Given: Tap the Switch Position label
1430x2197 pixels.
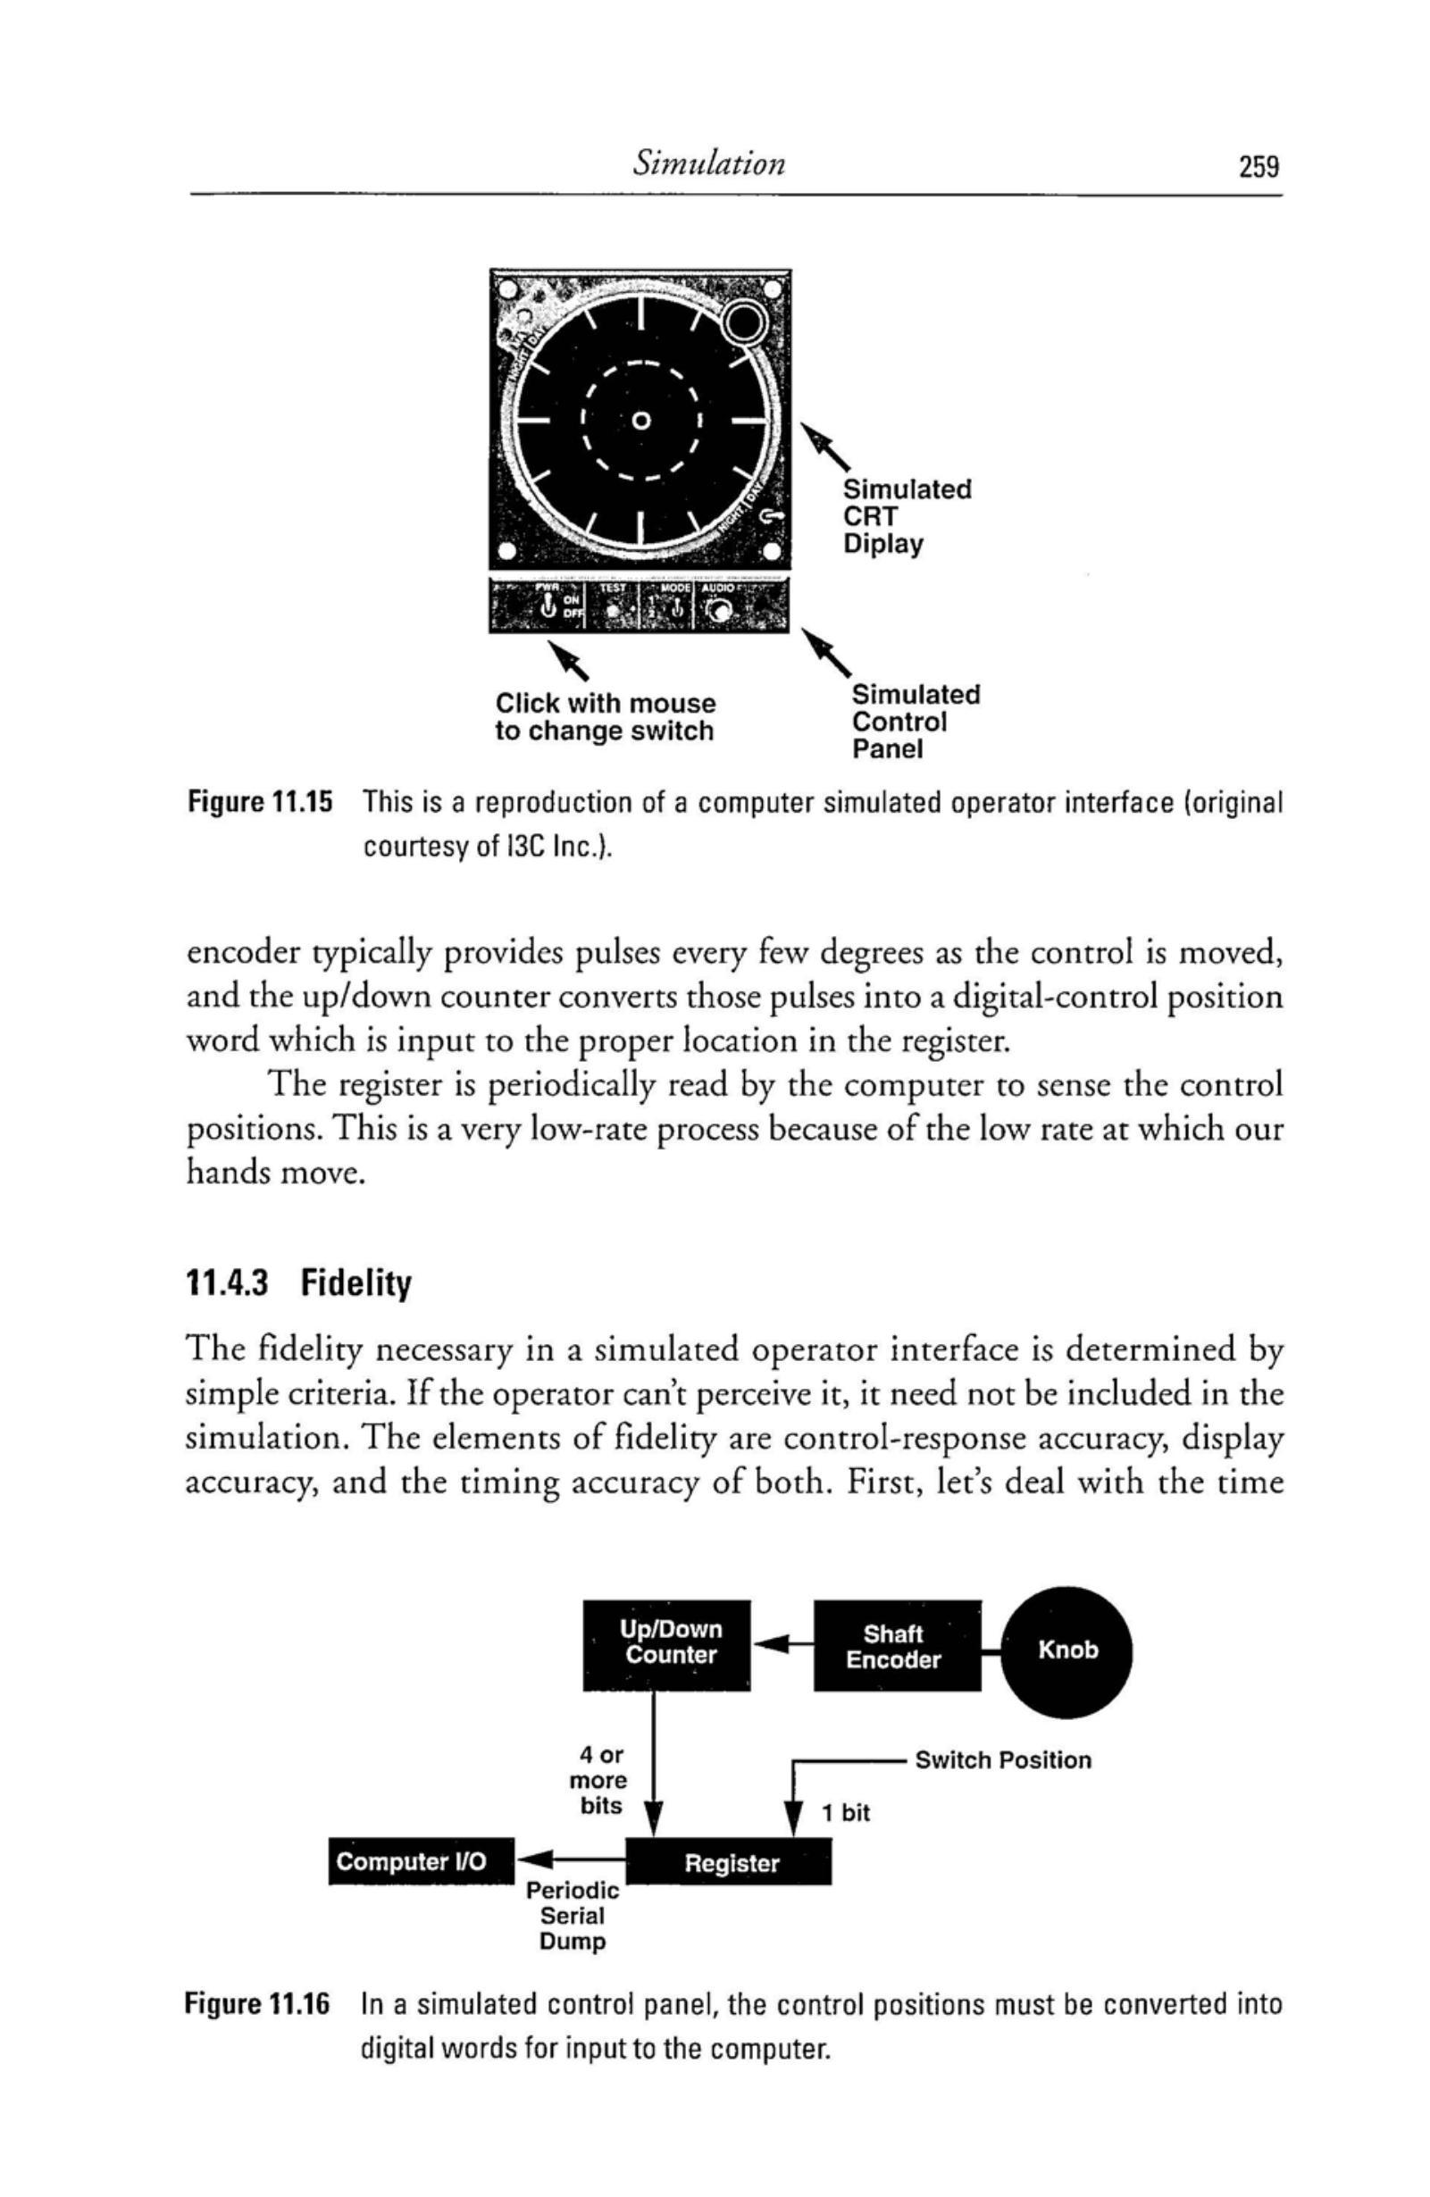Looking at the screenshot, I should (1002, 1759).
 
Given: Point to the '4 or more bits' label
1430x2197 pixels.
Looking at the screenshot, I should (600, 1780).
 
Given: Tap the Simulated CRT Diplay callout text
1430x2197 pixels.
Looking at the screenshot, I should (905, 516).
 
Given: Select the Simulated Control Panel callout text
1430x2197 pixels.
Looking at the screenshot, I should (914, 721).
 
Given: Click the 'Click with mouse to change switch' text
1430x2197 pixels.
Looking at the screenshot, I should (605, 717).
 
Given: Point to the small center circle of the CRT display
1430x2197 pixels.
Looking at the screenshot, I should (640, 422).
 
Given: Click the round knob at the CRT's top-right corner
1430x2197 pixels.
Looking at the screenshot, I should (745, 322).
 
